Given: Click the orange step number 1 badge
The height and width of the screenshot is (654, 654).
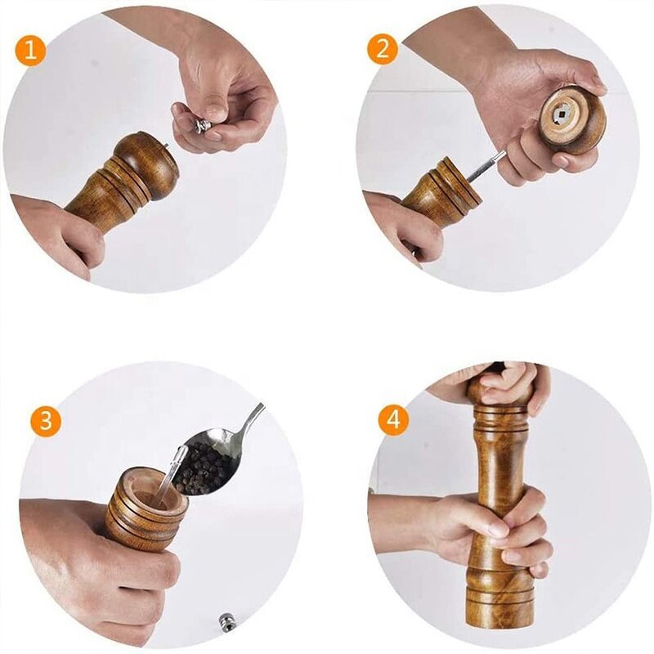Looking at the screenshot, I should (x=31, y=51).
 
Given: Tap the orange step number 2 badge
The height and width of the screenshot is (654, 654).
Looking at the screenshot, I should (x=382, y=51).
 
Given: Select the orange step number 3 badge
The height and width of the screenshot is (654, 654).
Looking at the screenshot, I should (x=47, y=422).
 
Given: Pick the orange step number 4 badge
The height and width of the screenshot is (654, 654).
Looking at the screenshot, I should (x=395, y=421).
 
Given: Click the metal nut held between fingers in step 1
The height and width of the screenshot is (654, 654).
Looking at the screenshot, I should (x=202, y=125).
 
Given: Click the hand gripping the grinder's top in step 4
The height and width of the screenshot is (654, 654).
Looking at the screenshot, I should (x=507, y=380).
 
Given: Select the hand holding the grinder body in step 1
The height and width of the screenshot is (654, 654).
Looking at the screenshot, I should (x=57, y=233).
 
